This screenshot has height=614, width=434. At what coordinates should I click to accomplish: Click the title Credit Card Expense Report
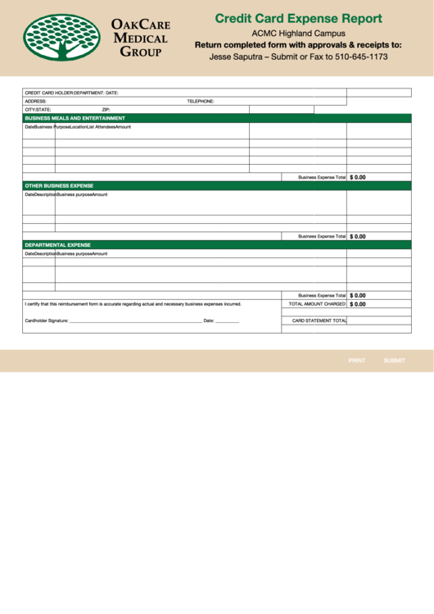point(298,18)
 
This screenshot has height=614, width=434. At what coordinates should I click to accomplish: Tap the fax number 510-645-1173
point(361,57)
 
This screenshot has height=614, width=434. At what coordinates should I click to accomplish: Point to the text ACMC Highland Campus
point(298,33)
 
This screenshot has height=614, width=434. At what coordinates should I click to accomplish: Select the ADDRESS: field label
point(36,101)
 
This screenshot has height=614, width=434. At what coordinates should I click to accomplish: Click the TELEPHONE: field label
point(200,101)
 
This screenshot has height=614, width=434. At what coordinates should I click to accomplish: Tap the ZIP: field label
point(106,109)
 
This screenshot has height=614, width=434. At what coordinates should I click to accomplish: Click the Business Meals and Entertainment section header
point(75,118)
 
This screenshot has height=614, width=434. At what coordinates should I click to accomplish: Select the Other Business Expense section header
point(59,186)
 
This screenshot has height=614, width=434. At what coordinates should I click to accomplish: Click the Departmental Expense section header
point(57,245)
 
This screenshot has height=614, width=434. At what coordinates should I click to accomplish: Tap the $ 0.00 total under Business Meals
point(358,177)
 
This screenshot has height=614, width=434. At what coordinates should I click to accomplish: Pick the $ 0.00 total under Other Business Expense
point(358,236)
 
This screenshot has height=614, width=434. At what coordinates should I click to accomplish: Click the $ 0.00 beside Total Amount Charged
point(358,304)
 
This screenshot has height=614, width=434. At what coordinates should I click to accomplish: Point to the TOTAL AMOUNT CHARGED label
point(317,304)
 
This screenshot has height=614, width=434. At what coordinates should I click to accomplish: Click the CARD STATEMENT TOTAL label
point(319,321)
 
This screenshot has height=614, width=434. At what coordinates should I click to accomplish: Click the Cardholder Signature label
point(47,321)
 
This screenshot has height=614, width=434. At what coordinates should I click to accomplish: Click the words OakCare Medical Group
point(140,39)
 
